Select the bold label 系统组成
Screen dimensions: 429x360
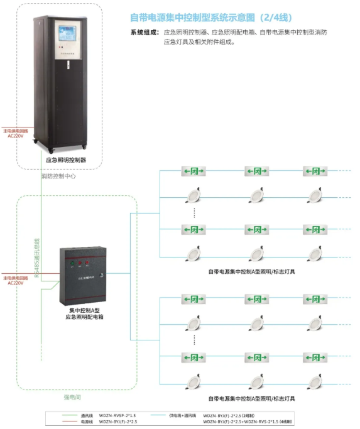[144, 32]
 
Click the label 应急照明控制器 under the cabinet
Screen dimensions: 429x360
[66, 160]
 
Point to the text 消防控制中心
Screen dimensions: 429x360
[58, 176]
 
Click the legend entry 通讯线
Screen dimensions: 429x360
[87, 415]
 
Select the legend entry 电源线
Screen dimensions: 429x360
[87, 422]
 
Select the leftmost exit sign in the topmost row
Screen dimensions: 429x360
[194, 171]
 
